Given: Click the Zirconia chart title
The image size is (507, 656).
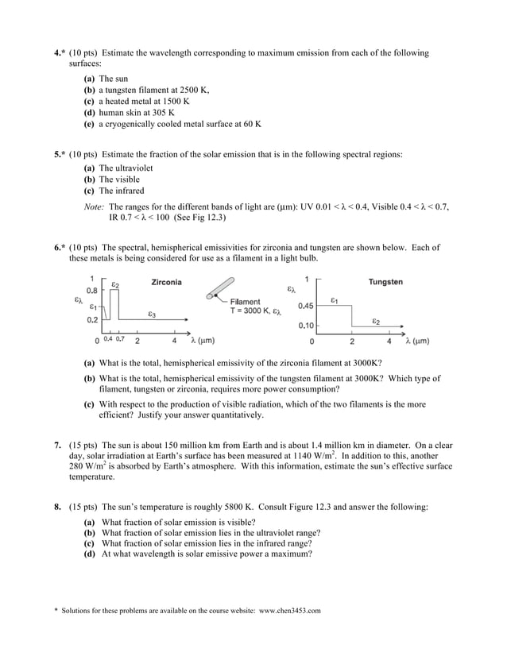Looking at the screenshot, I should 166,282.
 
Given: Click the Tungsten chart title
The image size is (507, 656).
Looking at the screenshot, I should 385,282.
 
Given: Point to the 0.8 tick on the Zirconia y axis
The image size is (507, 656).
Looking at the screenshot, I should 92,291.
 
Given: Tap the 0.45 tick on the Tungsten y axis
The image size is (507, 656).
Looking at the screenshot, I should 306,305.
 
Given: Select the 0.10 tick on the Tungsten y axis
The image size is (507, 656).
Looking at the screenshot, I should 306,326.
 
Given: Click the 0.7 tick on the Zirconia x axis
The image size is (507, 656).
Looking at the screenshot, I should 120,339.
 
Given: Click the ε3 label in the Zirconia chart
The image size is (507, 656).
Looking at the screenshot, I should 151,314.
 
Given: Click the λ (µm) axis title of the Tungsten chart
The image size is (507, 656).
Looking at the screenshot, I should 417,341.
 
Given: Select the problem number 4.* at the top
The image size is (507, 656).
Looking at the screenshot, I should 59,53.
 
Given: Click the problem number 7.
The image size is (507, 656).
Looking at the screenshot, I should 57,446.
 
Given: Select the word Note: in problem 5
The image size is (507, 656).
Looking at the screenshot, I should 94,206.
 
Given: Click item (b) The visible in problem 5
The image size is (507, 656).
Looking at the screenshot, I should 111,179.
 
